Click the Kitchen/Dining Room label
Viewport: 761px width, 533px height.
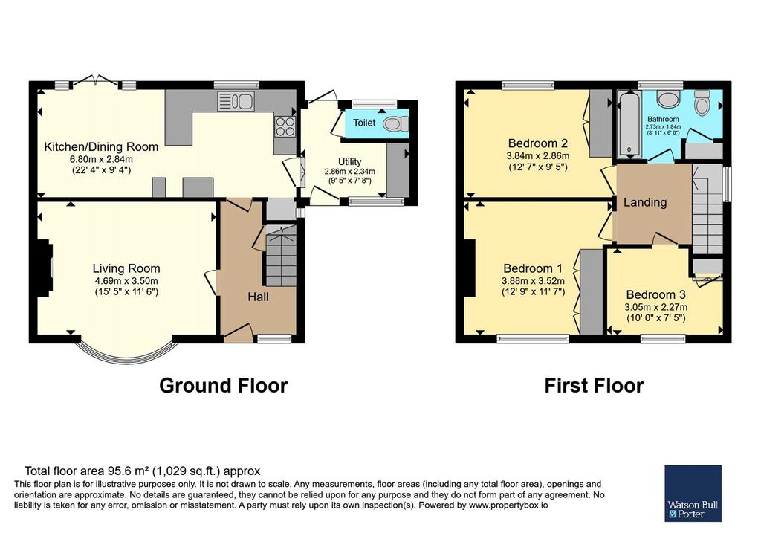101,146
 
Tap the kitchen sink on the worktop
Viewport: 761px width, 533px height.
236,101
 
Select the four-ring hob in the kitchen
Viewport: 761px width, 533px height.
285,127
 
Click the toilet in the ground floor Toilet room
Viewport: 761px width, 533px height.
395,124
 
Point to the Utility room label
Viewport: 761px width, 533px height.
349,161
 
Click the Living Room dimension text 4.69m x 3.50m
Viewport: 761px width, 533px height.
126,280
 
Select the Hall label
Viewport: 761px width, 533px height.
258,297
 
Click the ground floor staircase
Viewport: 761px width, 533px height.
280,255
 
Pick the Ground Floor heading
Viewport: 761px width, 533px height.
223,385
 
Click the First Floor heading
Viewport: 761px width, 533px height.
594,385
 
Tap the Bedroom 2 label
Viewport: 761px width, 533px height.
538,143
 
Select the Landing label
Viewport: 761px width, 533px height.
645,202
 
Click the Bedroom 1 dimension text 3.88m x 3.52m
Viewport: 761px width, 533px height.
533,280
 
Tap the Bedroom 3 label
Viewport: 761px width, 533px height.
655,294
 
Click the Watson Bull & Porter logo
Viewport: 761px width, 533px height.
693,493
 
